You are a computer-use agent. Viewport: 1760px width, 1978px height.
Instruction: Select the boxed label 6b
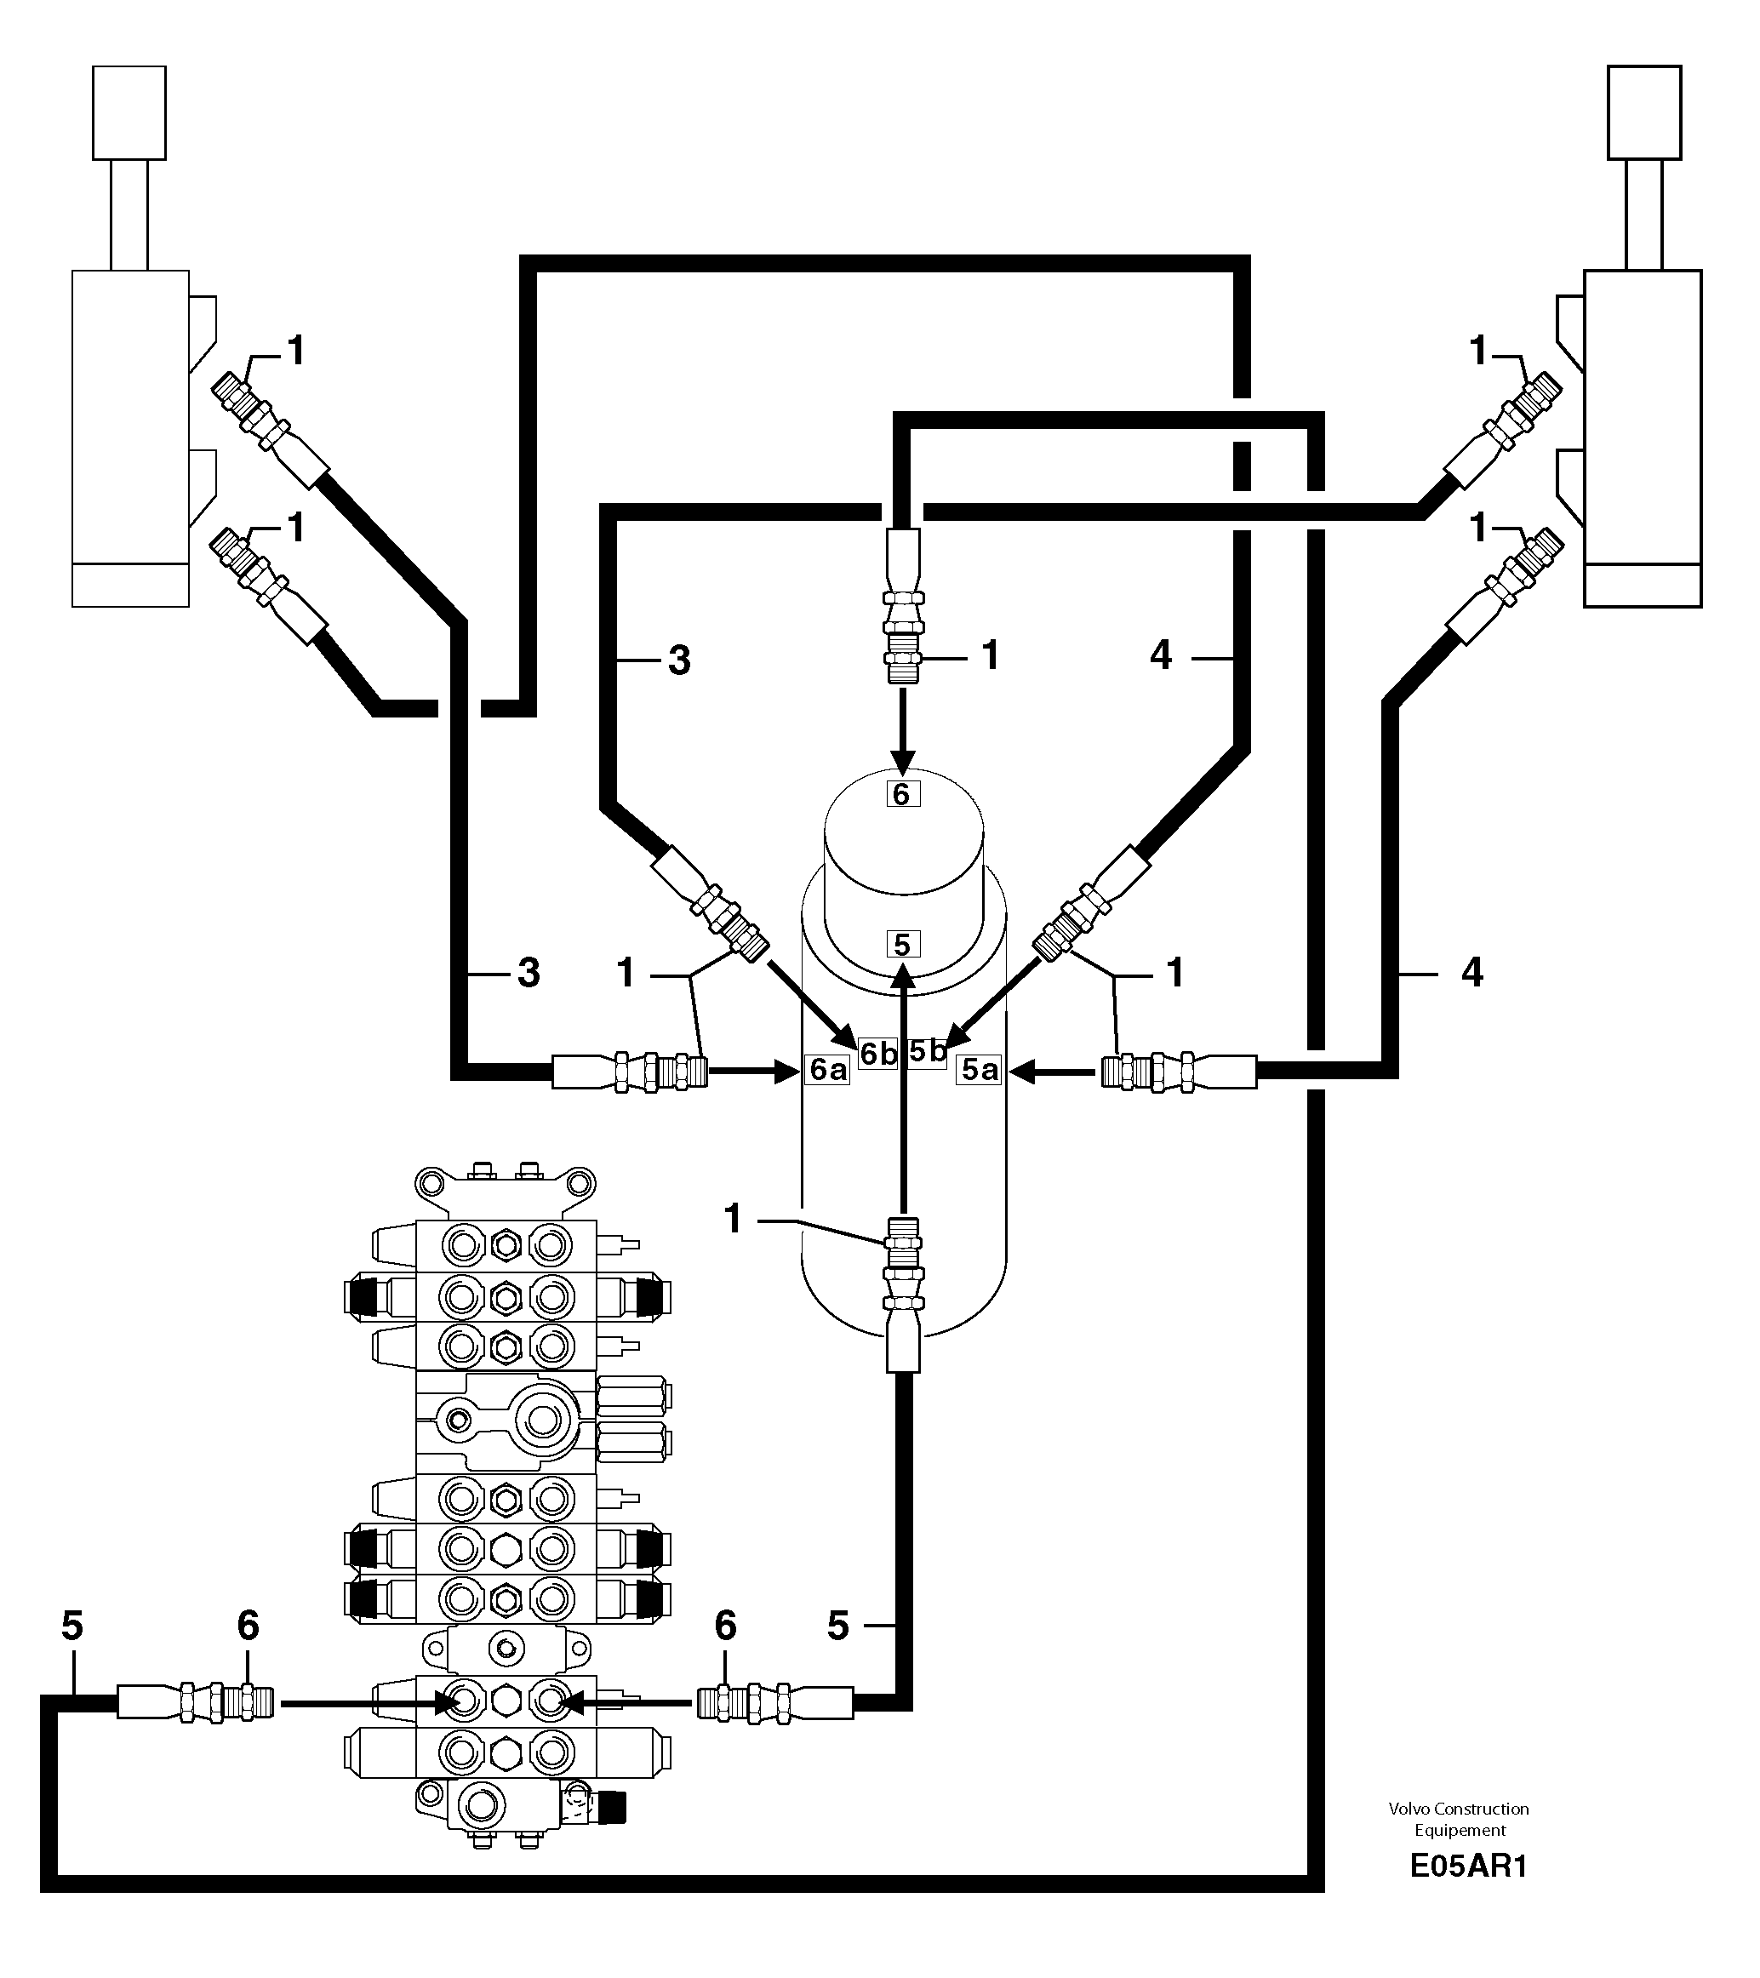tap(878, 1054)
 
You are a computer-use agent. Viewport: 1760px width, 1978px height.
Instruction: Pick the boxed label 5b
tap(927, 1051)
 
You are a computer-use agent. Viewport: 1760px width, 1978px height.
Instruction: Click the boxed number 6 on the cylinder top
tap(902, 793)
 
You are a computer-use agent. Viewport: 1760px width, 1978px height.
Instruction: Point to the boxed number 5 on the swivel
tap(902, 944)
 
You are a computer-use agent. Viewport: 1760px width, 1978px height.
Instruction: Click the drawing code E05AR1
tap(1467, 1892)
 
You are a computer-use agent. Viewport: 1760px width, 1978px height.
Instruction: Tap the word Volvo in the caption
tap(1409, 1809)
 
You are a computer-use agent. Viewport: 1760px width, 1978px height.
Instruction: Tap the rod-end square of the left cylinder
tap(129, 112)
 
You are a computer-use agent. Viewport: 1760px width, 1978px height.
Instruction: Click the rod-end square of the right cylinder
tap(1644, 112)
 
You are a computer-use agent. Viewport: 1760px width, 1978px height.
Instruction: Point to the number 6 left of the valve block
tap(248, 1626)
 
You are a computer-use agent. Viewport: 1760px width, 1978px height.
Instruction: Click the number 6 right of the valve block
tap(725, 1626)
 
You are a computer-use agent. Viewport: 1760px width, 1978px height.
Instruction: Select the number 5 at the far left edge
tap(72, 1626)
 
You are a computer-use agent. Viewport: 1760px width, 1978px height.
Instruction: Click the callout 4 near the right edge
tap(1471, 973)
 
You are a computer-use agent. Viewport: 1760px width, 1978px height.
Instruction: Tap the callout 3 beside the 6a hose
tap(529, 973)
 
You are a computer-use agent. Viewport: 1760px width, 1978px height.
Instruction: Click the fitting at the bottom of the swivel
tap(903, 1267)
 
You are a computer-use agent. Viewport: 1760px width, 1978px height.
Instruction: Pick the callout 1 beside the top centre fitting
tap(990, 656)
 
